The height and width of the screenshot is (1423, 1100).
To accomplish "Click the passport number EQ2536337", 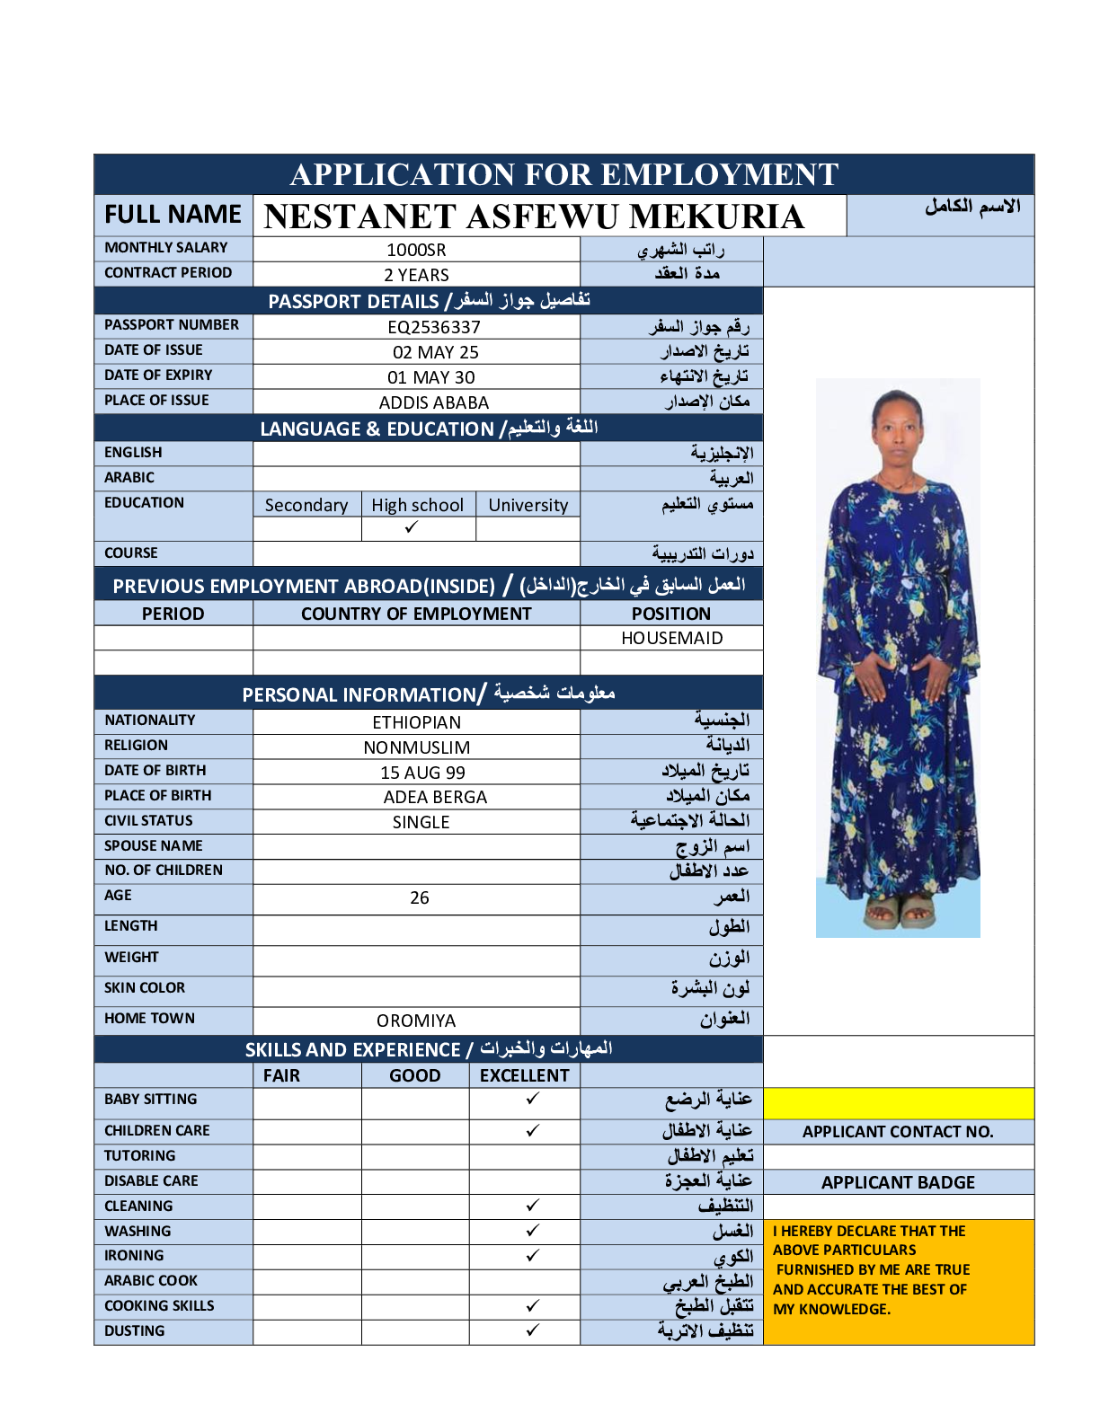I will [434, 327].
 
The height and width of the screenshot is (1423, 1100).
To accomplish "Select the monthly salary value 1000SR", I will [416, 250].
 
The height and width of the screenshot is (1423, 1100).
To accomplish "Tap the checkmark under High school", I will [412, 527].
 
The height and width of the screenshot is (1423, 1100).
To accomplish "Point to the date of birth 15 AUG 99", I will [422, 773].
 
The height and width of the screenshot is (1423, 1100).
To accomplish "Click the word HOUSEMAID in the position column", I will [671, 638].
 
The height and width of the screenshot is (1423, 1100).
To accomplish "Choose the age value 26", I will [420, 897].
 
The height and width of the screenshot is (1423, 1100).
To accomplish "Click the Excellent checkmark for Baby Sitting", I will [533, 1099].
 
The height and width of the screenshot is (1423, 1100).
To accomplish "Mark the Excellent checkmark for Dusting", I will [533, 1330].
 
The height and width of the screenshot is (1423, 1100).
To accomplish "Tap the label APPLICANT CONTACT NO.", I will [898, 1132].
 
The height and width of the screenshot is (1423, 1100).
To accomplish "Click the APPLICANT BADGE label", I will [898, 1182].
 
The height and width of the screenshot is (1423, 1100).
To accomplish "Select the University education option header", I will [528, 505].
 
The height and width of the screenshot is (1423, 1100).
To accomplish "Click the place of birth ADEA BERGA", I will [435, 797].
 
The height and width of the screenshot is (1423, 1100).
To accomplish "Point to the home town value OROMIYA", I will [416, 1021].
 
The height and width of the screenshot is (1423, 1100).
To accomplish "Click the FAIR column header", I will [281, 1075].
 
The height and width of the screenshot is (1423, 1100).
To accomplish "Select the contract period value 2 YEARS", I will [416, 275].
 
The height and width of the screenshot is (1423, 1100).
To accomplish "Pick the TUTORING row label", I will [140, 1155].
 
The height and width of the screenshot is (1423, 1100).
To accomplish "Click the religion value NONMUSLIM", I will [417, 747].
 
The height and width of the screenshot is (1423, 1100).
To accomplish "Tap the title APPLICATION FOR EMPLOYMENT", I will [564, 174].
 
